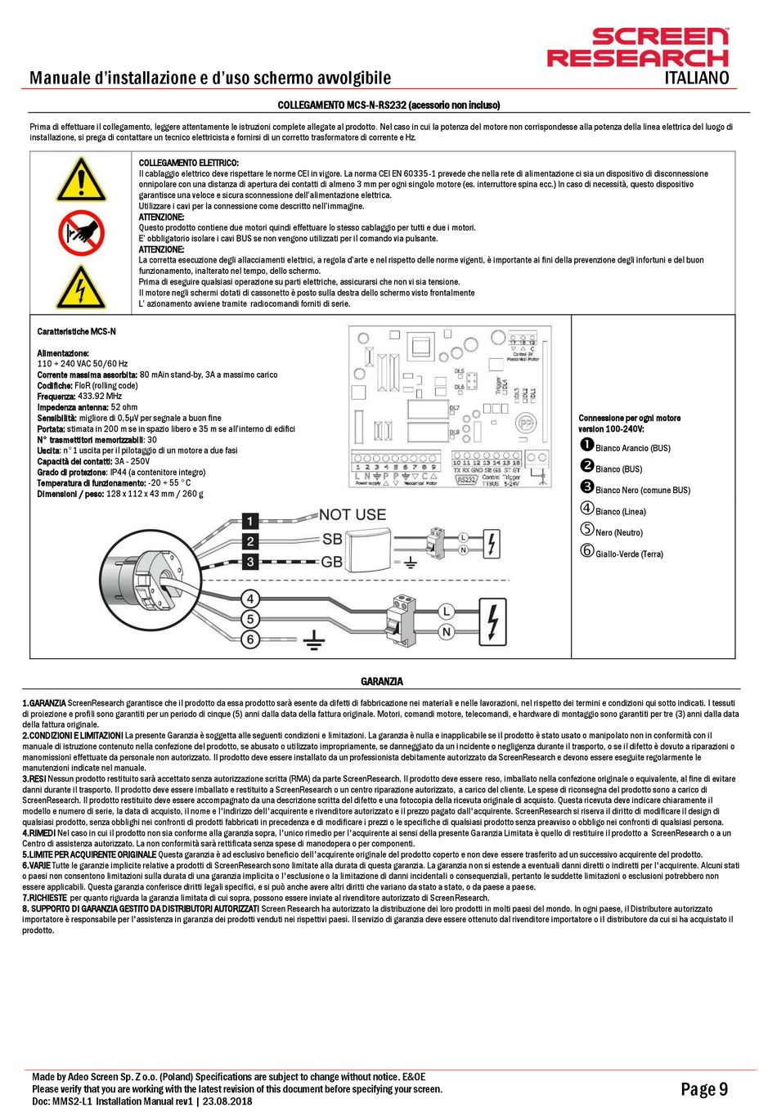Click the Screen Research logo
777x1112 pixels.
637,47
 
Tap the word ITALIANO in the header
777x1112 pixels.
696,78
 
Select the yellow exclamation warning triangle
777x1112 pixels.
81,180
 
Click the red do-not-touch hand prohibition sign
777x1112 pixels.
81,232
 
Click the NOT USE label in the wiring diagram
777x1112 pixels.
352,514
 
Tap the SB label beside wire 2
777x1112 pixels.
332,540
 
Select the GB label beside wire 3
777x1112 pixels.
332,563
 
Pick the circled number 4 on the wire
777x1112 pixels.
250,599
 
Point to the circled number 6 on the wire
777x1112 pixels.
250,639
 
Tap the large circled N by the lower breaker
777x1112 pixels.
447,632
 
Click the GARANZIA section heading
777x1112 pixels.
382,682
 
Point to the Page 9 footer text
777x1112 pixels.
703,1089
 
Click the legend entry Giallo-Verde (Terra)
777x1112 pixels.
622,554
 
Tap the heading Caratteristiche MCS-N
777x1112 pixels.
77,331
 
